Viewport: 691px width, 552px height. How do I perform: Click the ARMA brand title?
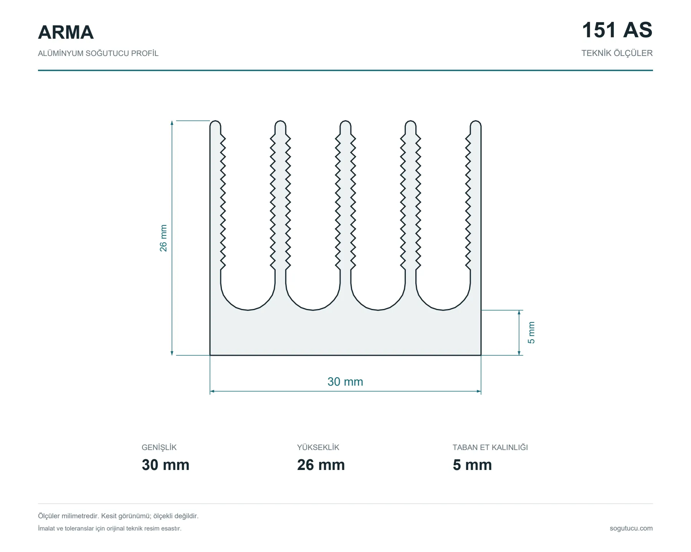pyautogui.click(x=66, y=32)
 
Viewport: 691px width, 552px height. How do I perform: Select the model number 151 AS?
pyautogui.click(x=617, y=30)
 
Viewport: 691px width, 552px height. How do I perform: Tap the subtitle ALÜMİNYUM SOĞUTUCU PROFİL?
pyautogui.click(x=98, y=53)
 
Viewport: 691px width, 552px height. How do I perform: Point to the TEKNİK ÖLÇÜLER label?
pyautogui.click(x=617, y=53)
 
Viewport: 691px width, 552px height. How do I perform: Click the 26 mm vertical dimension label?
pyautogui.click(x=164, y=238)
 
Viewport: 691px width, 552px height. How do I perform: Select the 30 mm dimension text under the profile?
pyautogui.click(x=345, y=381)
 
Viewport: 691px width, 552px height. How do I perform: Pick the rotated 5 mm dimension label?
pyautogui.click(x=531, y=332)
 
